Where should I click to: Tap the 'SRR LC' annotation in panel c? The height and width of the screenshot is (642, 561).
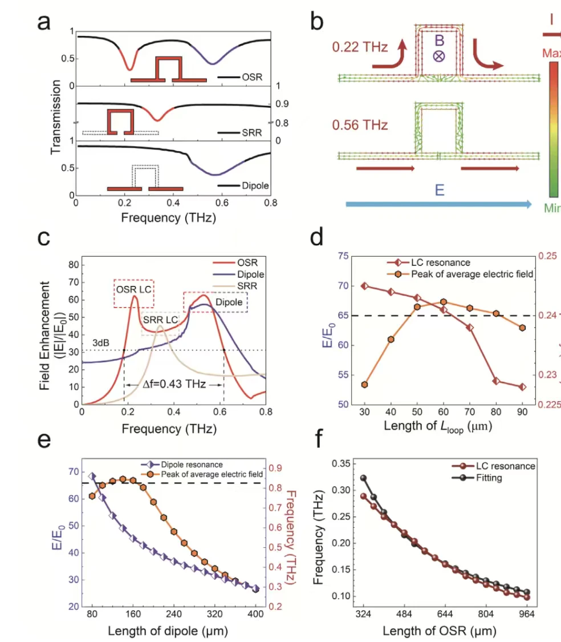[161, 320]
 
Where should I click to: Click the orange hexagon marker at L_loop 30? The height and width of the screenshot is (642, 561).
[364, 385]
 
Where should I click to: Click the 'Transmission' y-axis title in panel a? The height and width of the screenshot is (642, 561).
[55, 117]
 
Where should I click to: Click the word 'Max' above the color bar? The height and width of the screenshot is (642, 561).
[551, 54]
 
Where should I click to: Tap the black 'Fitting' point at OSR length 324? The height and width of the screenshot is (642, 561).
[363, 478]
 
